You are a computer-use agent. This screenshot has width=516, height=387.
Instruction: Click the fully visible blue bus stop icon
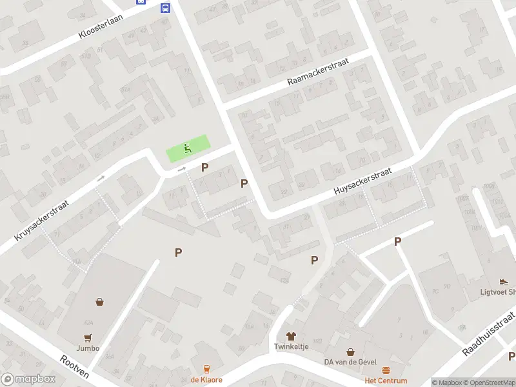click(x=165, y=8)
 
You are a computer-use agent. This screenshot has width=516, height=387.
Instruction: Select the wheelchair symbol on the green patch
click(x=188, y=148)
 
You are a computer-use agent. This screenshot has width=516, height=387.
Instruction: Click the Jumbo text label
click(x=88, y=348)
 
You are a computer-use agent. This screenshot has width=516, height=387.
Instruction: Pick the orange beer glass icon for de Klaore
click(x=206, y=369)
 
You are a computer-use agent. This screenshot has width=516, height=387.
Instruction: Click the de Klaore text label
click(x=206, y=380)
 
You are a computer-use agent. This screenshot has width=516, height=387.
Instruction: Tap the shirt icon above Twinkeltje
click(x=290, y=336)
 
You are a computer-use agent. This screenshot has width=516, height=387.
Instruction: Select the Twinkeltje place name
click(x=290, y=347)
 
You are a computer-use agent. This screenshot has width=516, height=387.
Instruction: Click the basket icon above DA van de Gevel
click(x=350, y=352)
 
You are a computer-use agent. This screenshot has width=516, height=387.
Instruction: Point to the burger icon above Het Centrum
click(x=386, y=370)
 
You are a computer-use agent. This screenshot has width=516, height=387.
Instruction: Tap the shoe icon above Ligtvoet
click(x=504, y=281)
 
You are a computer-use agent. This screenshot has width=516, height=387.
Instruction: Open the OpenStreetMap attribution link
click(x=490, y=382)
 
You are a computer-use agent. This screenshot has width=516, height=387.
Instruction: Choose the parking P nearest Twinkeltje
click(x=314, y=260)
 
